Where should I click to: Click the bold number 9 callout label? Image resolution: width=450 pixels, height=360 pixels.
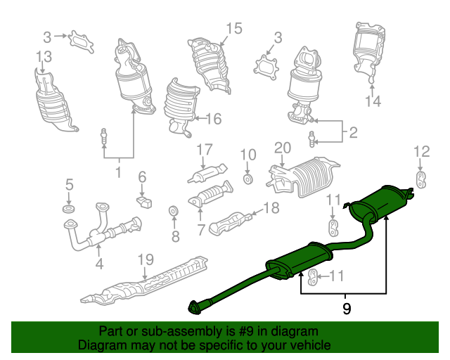click(347, 309)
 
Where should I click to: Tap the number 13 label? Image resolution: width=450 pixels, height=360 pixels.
click(44, 57)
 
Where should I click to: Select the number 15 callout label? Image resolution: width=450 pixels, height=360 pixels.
click(234, 29)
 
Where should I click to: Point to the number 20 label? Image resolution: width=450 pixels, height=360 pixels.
click(283, 148)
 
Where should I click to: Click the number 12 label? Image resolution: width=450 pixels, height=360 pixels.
click(422, 152)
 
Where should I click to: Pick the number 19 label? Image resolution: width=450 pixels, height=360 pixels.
click(146, 259)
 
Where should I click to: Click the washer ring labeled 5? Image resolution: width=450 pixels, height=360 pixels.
click(69, 209)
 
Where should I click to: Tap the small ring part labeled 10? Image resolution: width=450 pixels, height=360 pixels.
click(247, 179)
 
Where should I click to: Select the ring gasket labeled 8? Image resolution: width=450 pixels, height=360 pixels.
click(174, 212)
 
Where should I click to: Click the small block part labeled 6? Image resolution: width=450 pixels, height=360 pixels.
click(144, 201)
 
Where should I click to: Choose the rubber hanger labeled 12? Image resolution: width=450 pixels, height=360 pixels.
click(420, 180)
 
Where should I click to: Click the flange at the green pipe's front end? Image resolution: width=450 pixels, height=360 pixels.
click(194, 309)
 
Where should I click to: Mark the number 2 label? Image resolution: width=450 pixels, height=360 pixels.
click(353, 132)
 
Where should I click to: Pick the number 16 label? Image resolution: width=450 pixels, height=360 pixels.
click(214, 119)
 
